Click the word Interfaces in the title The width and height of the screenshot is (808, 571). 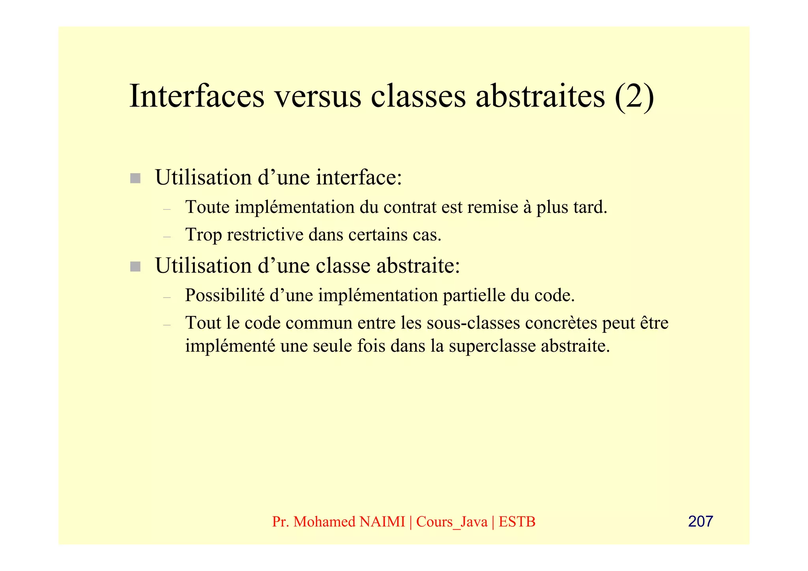pyautogui.click(x=196, y=96)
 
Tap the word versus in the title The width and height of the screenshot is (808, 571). pyautogui.click(x=318, y=96)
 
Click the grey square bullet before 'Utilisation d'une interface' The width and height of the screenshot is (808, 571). pyautogui.click(x=135, y=178)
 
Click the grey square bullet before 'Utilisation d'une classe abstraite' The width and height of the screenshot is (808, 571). pyautogui.click(x=135, y=267)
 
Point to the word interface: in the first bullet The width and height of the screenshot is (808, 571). pyautogui.click(x=359, y=177)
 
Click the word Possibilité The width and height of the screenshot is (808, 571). pyautogui.click(x=224, y=295)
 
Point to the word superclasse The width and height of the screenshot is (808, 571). pyautogui.click(x=492, y=346)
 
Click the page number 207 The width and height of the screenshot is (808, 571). pyautogui.click(x=700, y=521)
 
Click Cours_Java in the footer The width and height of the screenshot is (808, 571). pyautogui.click(x=452, y=522)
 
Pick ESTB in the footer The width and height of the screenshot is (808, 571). pyautogui.click(x=517, y=522)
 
